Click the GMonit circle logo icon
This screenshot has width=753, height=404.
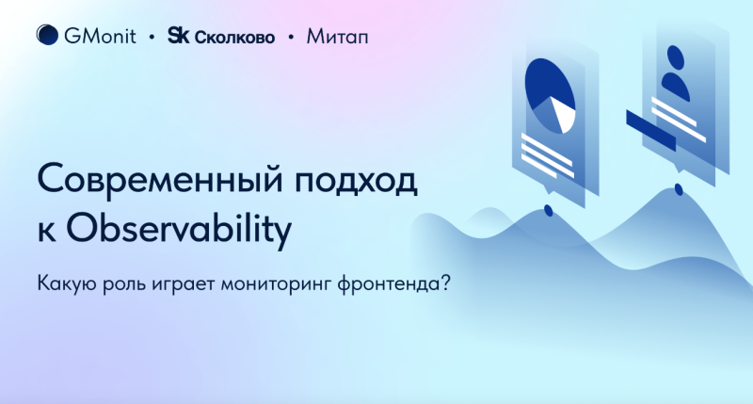tap(48, 35)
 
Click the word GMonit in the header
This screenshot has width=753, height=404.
tap(101, 37)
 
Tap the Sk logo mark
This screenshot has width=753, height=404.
tap(178, 36)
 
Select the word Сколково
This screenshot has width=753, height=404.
tap(234, 38)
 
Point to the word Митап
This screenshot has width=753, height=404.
tap(338, 37)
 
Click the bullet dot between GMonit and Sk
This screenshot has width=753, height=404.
tap(152, 37)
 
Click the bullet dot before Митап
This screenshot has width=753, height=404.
tap(291, 37)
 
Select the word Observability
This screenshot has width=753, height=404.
tap(179, 228)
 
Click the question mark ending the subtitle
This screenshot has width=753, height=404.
tap(445, 283)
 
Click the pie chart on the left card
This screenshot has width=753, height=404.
tap(551, 96)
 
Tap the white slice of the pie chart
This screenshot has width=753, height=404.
tap(564, 114)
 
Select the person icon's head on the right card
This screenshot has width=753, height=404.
tap(675, 58)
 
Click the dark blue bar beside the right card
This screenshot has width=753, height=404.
tap(650, 130)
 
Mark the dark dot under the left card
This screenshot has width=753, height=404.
tap(549, 210)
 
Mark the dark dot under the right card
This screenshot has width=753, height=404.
tap(679, 189)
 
